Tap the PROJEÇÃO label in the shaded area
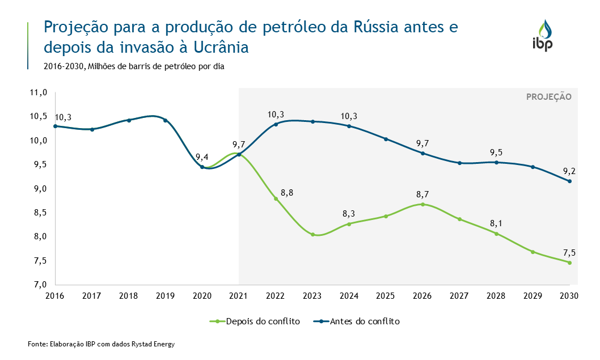(548, 97)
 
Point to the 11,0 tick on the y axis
(39, 92)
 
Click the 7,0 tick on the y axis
(39, 285)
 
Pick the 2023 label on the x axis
(312, 296)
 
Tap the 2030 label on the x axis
(569, 296)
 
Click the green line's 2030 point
(569, 262)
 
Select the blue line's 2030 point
(569, 181)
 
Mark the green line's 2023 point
(312, 234)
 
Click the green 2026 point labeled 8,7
(422, 204)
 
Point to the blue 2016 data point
(55, 126)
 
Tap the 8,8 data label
(286, 193)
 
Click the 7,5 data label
(569, 253)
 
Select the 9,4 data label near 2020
(202, 157)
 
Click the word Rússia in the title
(378, 27)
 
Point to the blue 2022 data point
(276, 124)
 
